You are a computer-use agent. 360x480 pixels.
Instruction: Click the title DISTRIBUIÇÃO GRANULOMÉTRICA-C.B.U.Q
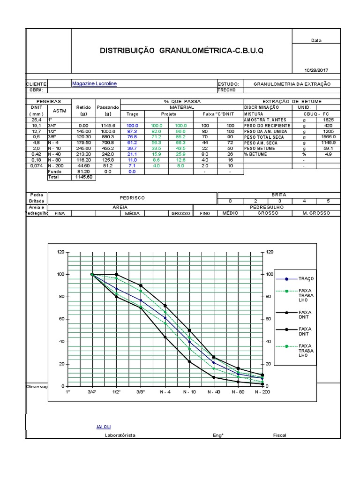181,50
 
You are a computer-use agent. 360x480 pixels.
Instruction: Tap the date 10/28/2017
316,70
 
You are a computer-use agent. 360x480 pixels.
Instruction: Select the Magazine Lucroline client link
94,83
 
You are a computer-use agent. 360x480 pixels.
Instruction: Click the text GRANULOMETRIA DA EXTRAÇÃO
292,84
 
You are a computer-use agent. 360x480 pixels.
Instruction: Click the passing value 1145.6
108,126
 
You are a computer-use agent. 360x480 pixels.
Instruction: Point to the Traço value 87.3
132,132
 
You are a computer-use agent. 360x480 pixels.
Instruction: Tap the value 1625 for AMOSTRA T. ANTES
329,120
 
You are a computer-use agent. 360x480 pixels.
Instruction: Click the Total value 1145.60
83,178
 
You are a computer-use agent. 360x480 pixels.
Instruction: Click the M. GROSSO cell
317,213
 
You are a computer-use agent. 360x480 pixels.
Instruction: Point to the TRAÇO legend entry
305,278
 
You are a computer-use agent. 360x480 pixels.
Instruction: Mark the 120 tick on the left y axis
60,252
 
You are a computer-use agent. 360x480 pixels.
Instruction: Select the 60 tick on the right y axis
269,319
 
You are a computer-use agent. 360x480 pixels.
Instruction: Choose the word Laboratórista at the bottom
120,435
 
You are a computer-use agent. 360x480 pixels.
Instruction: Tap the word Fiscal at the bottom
279,435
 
